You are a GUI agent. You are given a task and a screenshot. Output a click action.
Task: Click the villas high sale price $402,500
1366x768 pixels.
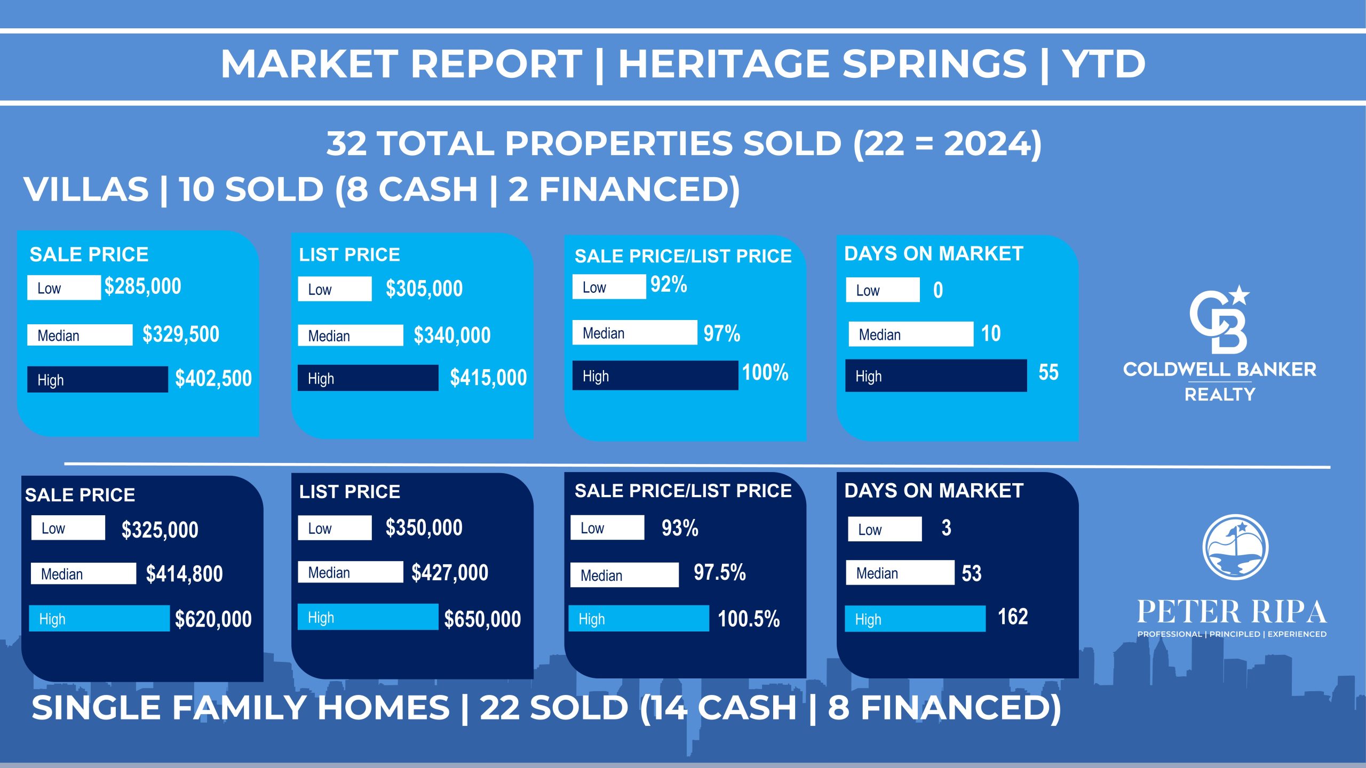pos(213,379)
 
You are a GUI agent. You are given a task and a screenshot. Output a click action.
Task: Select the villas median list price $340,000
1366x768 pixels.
pos(452,335)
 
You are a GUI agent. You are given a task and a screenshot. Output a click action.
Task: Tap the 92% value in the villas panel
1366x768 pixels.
pos(669,284)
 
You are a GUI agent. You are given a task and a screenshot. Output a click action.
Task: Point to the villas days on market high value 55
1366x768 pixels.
pos(1049,372)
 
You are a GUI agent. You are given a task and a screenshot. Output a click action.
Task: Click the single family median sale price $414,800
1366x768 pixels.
pos(184,574)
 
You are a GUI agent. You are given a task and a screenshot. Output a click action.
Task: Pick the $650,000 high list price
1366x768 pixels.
pos(482,619)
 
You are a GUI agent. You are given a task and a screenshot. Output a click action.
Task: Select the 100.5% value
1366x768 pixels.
pos(749,619)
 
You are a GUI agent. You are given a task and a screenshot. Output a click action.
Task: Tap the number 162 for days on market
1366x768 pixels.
pos(1013,617)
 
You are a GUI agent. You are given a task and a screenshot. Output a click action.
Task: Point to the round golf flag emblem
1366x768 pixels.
pos(1235,547)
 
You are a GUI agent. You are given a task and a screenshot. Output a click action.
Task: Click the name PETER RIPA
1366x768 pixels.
pos(1232,612)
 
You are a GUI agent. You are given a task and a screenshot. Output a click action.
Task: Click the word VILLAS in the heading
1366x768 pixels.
pos(86,189)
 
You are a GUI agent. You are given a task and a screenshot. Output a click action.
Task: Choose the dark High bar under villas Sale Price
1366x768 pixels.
pos(98,379)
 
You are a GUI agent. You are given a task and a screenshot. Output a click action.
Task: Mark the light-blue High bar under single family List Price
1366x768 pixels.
pos(368,617)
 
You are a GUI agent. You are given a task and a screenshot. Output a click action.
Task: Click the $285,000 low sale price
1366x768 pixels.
pos(143,286)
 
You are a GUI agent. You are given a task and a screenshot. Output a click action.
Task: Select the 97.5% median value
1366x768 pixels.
pos(720,572)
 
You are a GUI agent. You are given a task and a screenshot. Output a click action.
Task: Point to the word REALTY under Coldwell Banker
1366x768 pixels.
pos(1220,395)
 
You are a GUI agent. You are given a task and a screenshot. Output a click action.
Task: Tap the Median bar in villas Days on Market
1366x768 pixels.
pos(911,334)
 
